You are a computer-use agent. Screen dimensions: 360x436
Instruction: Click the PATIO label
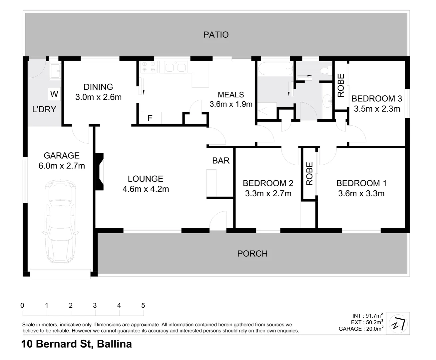(216, 35)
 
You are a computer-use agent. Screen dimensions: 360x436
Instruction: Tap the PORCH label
(252, 254)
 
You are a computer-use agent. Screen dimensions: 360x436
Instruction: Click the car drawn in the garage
(60, 222)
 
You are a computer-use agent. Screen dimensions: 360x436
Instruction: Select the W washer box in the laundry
(54, 94)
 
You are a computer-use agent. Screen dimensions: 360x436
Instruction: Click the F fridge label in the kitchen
(150, 118)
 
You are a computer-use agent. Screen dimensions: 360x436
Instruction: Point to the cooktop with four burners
(149, 67)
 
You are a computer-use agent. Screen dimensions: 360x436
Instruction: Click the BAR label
(221, 161)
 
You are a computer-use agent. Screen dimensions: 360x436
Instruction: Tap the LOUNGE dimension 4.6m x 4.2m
(146, 189)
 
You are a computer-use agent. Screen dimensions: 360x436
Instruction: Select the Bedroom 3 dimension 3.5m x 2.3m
(377, 109)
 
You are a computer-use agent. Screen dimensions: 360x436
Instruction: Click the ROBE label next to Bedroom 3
(341, 85)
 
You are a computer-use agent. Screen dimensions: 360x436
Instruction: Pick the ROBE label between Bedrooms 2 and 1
(309, 174)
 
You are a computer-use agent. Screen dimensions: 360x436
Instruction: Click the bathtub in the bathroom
(275, 69)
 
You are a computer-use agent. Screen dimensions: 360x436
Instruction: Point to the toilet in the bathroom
(324, 71)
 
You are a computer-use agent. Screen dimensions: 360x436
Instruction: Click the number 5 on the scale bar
(143, 305)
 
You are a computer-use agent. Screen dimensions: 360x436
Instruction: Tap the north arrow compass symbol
(399, 323)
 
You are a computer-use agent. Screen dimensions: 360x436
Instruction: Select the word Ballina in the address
(114, 344)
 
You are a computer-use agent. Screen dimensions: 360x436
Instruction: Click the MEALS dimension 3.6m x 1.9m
(231, 104)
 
